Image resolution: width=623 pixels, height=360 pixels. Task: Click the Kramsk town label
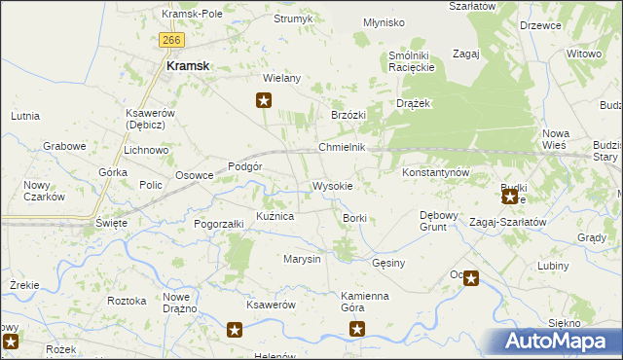coord(189,66)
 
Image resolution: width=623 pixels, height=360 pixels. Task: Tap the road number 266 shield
coord(171,39)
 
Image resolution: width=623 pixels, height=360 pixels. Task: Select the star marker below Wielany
coord(263,99)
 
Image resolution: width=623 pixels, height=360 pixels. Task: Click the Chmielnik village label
coord(342,147)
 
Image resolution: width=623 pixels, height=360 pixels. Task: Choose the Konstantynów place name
coord(437,172)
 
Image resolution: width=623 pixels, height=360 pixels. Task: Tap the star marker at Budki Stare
coord(509,197)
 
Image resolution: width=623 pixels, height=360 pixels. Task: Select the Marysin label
coord(302,259)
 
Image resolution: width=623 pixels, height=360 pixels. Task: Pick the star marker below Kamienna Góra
coord(357,330)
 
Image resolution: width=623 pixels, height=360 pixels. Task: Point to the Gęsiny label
coord(388,263)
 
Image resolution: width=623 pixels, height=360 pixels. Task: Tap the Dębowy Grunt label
coord(432,220)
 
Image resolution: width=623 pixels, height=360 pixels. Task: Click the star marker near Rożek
coord(11,341)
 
